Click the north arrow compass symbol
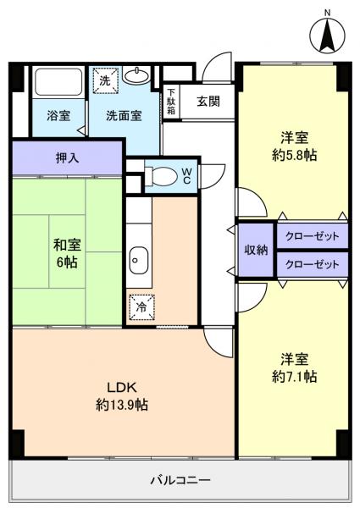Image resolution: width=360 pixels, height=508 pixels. click(328, 31)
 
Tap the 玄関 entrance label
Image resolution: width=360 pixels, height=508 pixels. click(208, 102)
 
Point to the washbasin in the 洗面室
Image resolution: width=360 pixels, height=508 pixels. click(136, 77)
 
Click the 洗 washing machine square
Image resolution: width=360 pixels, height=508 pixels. click(104, 80)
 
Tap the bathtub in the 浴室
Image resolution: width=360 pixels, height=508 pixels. click(57, 83)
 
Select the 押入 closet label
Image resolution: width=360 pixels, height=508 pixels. click(67, 157)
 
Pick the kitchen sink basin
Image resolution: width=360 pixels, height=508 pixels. click(139, 261)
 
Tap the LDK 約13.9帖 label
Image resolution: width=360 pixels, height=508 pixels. click(123, 396)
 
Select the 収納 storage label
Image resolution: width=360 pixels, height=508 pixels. click(257, 250)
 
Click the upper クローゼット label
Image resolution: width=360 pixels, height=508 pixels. click(312, 235)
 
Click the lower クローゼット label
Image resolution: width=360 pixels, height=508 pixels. click(312, 264)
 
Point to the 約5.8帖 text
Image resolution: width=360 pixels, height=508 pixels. click(294, 156)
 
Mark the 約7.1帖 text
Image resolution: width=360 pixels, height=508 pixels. click(294, 375)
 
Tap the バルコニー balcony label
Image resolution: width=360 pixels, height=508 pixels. click(180, 479)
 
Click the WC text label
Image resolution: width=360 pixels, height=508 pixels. click(186, 175)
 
